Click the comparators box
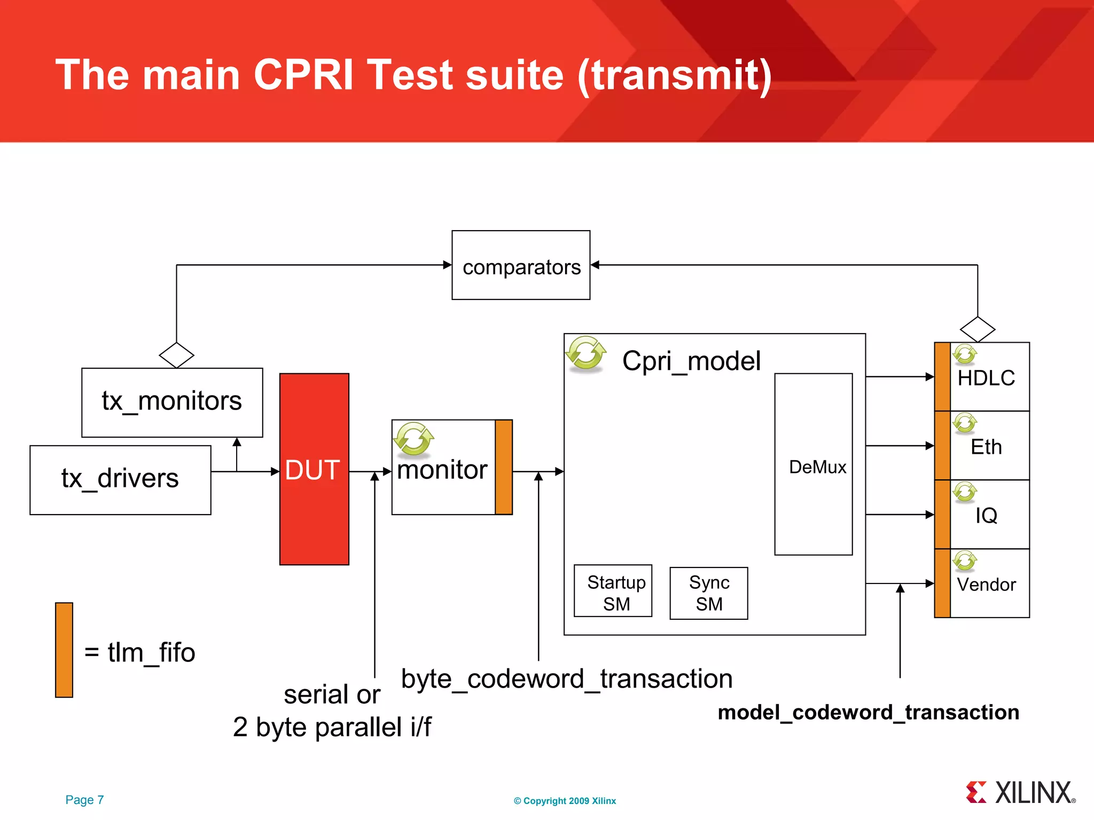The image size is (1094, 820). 521,265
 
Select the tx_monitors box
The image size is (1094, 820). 172,402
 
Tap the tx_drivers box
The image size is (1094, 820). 120,479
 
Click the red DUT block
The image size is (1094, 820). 314,469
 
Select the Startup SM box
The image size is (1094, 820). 613,591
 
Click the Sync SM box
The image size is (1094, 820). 708,593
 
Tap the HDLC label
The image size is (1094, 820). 986,378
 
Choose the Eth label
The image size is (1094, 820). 986,447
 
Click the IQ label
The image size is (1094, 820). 986,516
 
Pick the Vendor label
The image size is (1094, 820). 986,585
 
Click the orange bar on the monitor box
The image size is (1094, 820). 504,467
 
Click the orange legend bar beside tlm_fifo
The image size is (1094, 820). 64,650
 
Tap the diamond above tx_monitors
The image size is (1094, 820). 176,355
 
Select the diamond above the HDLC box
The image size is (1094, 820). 977,329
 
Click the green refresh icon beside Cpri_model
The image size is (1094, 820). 586,353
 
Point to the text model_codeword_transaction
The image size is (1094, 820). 868,712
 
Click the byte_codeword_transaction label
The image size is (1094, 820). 567,679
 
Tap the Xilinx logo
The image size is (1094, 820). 1020,793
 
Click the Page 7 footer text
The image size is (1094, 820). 84,800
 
